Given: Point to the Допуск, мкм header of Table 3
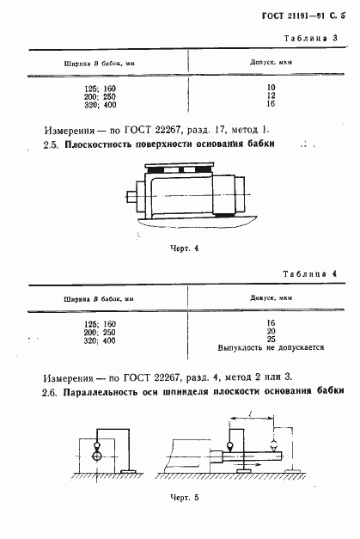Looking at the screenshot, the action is [x=268, y=63].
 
